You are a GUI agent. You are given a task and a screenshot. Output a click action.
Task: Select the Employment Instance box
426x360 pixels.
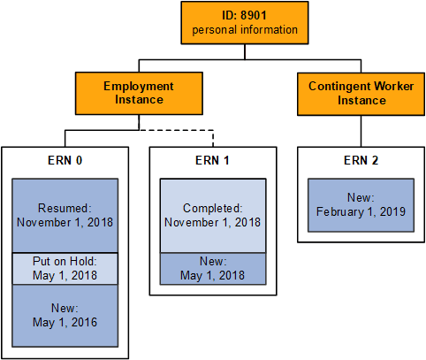[138, 94]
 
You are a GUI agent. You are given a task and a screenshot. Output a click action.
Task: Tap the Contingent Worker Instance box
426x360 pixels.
[361, 94]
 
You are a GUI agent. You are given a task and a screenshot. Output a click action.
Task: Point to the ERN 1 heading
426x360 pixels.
[213, 162]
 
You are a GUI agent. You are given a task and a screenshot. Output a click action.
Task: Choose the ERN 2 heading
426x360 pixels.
[361, 162]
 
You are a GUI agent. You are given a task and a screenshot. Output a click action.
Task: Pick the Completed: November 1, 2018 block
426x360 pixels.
[213, 215]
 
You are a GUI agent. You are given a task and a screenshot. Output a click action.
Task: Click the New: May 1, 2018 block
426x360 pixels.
[213, 268]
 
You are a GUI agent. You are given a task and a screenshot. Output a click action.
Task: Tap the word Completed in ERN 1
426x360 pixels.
[213, 208]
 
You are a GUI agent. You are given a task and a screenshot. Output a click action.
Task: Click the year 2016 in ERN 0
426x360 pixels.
[83, 322]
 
